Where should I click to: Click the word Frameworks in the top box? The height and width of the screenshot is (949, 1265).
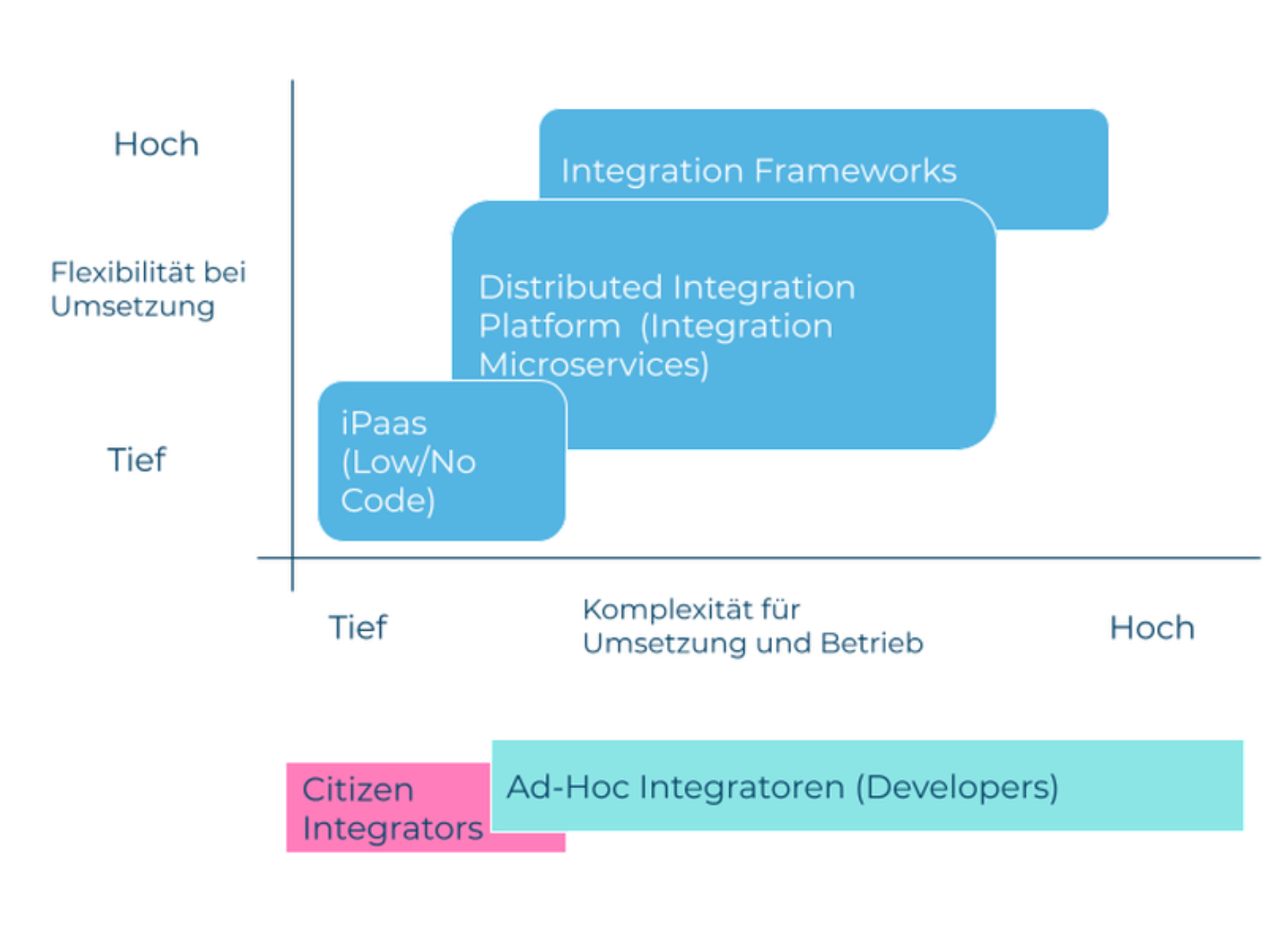point(855,171)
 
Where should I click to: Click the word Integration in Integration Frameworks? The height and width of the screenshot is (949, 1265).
point(652,171)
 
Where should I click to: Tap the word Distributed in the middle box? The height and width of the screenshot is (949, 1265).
point(571,287)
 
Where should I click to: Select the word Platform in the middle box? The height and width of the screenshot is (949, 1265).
point(549,326)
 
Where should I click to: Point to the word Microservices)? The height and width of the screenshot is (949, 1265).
point(594,364)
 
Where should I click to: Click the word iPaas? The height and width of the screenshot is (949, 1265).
point(384,423)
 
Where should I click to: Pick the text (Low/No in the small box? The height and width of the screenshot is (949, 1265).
point(408,462)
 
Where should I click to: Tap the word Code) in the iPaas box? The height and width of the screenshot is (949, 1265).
point(388,501)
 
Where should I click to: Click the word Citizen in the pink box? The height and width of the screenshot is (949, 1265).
point(358,790)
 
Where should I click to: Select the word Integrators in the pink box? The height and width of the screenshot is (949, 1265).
point(393,828)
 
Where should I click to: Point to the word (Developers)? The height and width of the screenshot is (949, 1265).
point(957,787)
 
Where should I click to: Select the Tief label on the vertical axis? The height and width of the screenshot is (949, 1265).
point(136,459)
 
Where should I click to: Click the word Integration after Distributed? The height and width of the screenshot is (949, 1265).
point(764,287)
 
